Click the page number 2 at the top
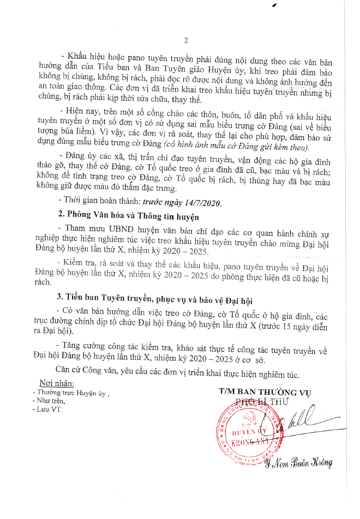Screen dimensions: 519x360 pyautogui.click(x=185, y=40)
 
